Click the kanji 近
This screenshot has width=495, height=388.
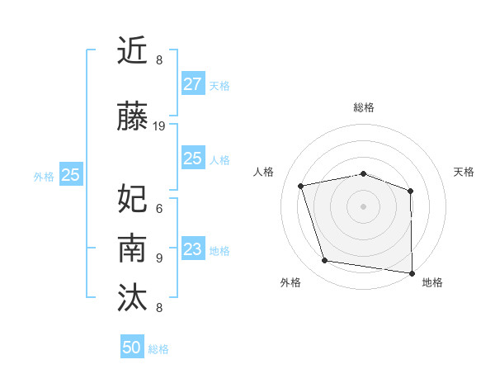[134, 51]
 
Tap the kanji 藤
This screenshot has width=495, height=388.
[134, 117]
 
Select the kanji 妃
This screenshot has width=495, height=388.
[134, 198]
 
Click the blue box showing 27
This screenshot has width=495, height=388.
[192, 84]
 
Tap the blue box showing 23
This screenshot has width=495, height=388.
[192, 249]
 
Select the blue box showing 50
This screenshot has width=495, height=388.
[132, 348]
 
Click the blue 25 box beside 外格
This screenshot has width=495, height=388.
[71, 175]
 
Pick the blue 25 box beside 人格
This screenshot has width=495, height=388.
[192, 159]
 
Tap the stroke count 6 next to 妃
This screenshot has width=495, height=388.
[158, 208]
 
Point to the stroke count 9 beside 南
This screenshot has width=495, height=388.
[158, 258]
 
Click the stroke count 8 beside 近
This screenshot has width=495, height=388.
[158, 60]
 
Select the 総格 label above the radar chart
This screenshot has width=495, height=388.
[363, 107]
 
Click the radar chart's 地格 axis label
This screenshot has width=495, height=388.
[432, 283]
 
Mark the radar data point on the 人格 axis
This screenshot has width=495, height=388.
[301, 186]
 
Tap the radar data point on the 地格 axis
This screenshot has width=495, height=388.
[412, 272]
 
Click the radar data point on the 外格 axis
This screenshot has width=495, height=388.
[325, 261]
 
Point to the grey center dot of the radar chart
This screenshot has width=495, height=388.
[363, 206]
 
